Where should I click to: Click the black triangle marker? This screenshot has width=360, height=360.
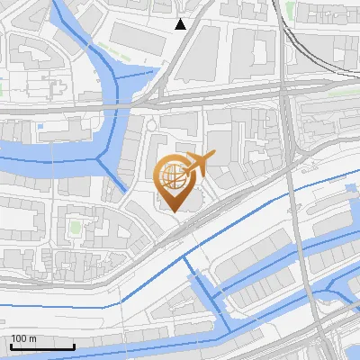point(181,24)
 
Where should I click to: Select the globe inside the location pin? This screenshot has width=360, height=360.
point(173,175)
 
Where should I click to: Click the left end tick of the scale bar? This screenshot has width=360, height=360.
point(11,346)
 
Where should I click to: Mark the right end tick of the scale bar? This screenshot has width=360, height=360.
point(74,346)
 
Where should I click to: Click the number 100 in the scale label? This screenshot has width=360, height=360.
point(19,338)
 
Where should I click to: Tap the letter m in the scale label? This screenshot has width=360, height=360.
point(31,338)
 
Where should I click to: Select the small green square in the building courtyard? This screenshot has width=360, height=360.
point(75,226)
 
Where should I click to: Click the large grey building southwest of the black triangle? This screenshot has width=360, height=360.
point(135,36)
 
